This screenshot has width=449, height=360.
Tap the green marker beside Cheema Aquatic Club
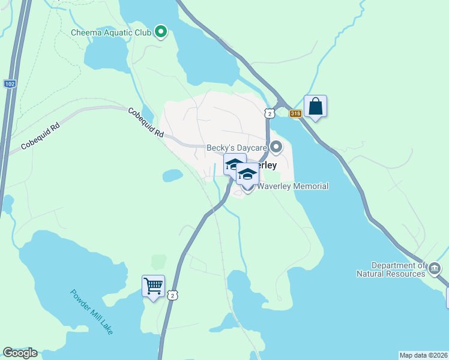[x=160, y=32]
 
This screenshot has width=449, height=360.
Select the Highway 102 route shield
[x=9, y=84]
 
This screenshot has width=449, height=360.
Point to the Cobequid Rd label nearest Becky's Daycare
[x=145, y=123]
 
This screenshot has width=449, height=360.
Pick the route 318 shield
[x=294, y=113]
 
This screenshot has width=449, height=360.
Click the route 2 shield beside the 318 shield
[x=271, y=113]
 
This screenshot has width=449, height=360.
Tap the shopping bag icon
[x=315, y=107]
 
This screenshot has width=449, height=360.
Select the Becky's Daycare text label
[x=237, y=147]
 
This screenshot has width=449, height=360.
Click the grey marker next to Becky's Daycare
[x=276, y=146]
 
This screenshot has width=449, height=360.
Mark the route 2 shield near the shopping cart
[x=172, y=295]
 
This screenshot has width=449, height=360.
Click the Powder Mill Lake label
[x=91, y=312]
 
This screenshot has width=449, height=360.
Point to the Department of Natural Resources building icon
[x=435, y=267]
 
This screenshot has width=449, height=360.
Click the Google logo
[x=20, y=353]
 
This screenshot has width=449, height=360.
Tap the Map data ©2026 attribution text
[x=423, y=355]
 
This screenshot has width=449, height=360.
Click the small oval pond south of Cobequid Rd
[x=172, y=175]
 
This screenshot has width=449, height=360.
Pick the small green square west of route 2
[x=159, y=262]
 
